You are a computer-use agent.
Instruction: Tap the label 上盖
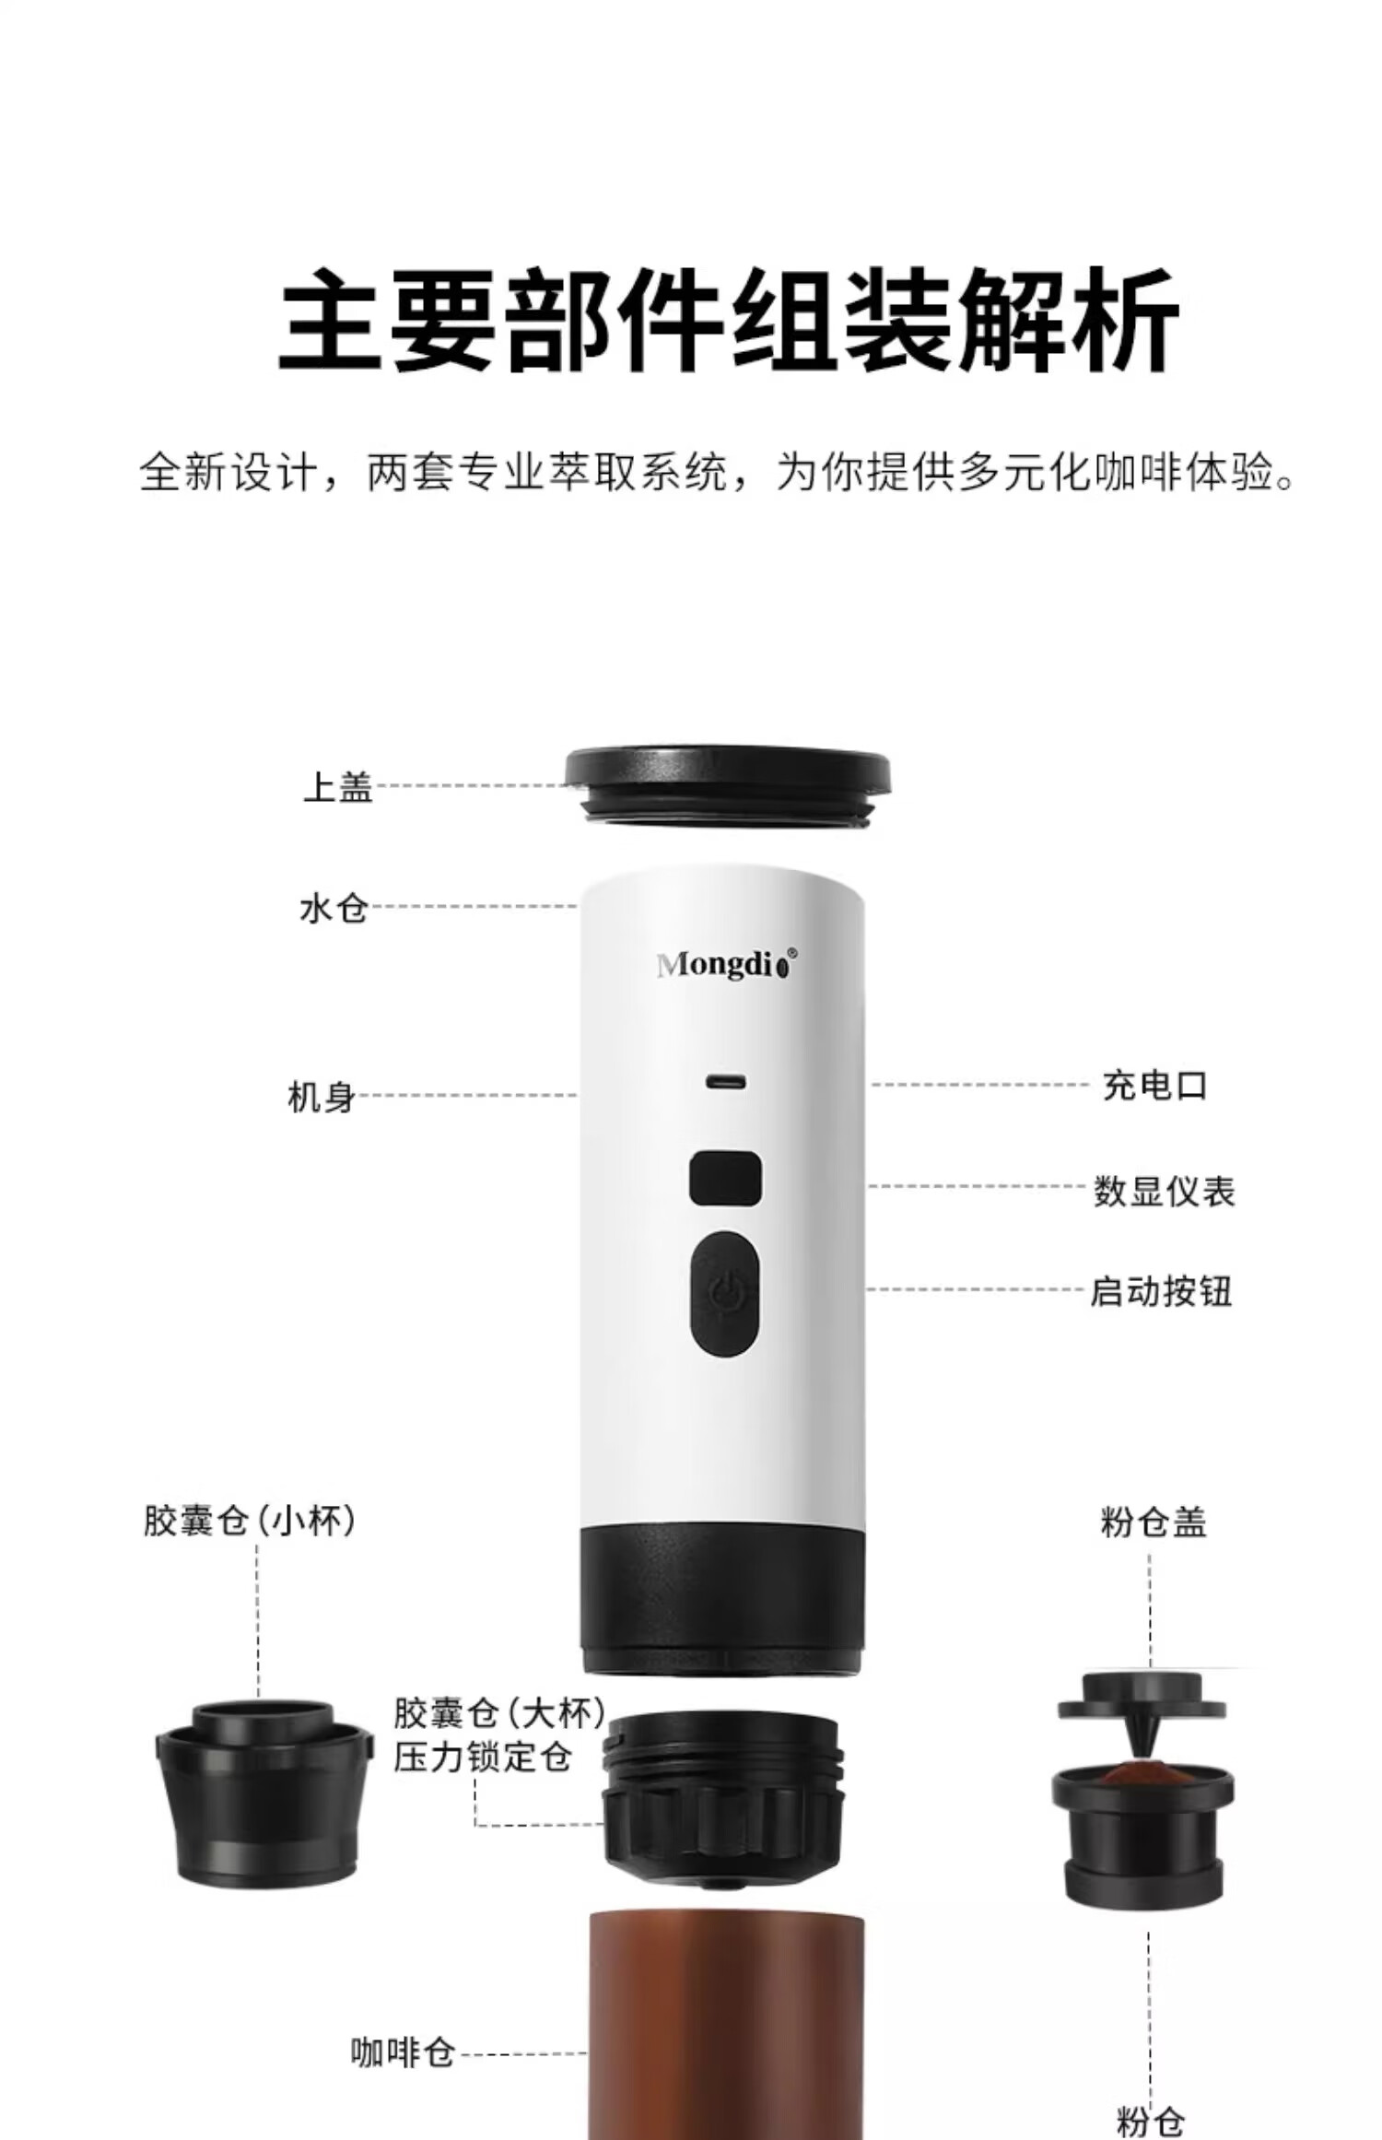click(x=338, y=786)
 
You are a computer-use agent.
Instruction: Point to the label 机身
click(x=322, y=1097)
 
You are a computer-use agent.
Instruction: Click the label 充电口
click(x=1155, y=1085)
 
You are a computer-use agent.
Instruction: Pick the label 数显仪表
click(x=1165, y=1191)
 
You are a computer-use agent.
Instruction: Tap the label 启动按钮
click(x=1161, y=1290)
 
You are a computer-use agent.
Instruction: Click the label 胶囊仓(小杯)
click(x=250, y=1521)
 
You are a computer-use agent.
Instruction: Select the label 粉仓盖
click(x=1154, y=1522)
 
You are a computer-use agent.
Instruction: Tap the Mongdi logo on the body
click(x=726, y=964)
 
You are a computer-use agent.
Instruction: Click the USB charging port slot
click(x=726, y=1081)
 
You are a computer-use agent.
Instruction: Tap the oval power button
click(x=725, y=1294)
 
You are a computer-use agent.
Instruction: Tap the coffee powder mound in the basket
click(x=1142, y=1771)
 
